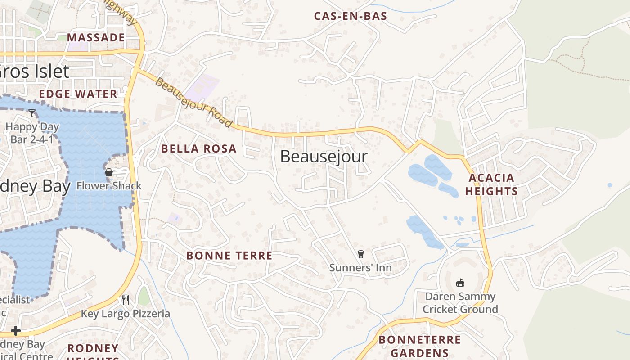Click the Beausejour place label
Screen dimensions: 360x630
324,157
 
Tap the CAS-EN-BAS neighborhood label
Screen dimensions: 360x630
351,16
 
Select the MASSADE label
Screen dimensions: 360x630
96,37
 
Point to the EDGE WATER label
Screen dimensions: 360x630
78,94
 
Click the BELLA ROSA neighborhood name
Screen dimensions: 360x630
198,149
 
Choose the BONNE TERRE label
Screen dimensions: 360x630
229,256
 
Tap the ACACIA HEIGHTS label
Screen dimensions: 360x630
491,184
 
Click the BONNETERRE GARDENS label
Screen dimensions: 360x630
419,346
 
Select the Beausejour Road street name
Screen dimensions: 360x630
194,103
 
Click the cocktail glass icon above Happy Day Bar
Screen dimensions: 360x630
32,113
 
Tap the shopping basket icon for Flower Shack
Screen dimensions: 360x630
108,172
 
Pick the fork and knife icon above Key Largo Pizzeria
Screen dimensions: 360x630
126,300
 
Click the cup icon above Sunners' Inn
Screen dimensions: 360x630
360,254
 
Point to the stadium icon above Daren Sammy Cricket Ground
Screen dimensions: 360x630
460,283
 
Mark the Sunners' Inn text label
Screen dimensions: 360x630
360,268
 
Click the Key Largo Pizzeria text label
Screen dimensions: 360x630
126,314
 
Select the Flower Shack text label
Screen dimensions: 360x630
109,185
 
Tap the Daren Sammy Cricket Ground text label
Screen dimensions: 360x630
460,303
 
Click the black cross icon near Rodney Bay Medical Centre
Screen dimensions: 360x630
16,331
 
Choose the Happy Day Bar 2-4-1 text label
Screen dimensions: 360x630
32,133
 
